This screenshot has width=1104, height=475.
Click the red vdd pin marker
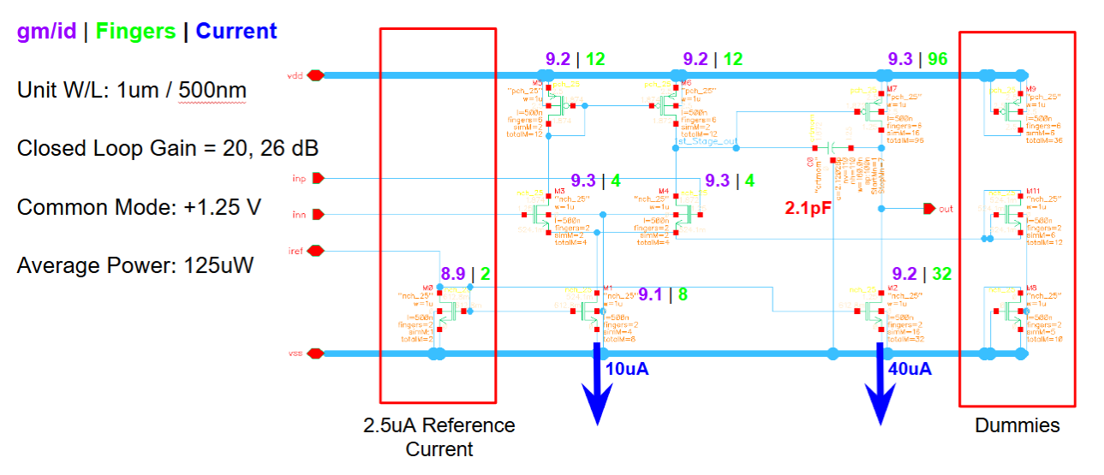click(x=315, y=75)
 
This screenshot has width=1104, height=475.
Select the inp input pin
click(x=318, y=178)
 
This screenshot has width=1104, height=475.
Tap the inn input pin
click(x=318, y=214)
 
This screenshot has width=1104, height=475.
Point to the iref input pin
click(x=316, y=251)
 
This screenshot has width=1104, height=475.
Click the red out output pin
click(x=929, y=208)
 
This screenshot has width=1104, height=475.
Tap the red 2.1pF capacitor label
click(x=808, y=207)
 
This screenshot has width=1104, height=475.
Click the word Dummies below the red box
click(x=1017, y=425)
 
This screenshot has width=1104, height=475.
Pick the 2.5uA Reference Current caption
click(x=439, y=436)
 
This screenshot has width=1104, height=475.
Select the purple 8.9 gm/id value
click(x=453, y=274)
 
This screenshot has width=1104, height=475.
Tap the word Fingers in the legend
click(x=135, y=32)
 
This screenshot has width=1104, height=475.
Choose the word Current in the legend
click(x=236, y=32)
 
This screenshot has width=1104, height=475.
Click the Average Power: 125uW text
click(x=134, y=265)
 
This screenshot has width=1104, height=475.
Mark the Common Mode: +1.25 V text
click(x=139, y=207)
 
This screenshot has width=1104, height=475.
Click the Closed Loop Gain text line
click(x=167, y=148)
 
